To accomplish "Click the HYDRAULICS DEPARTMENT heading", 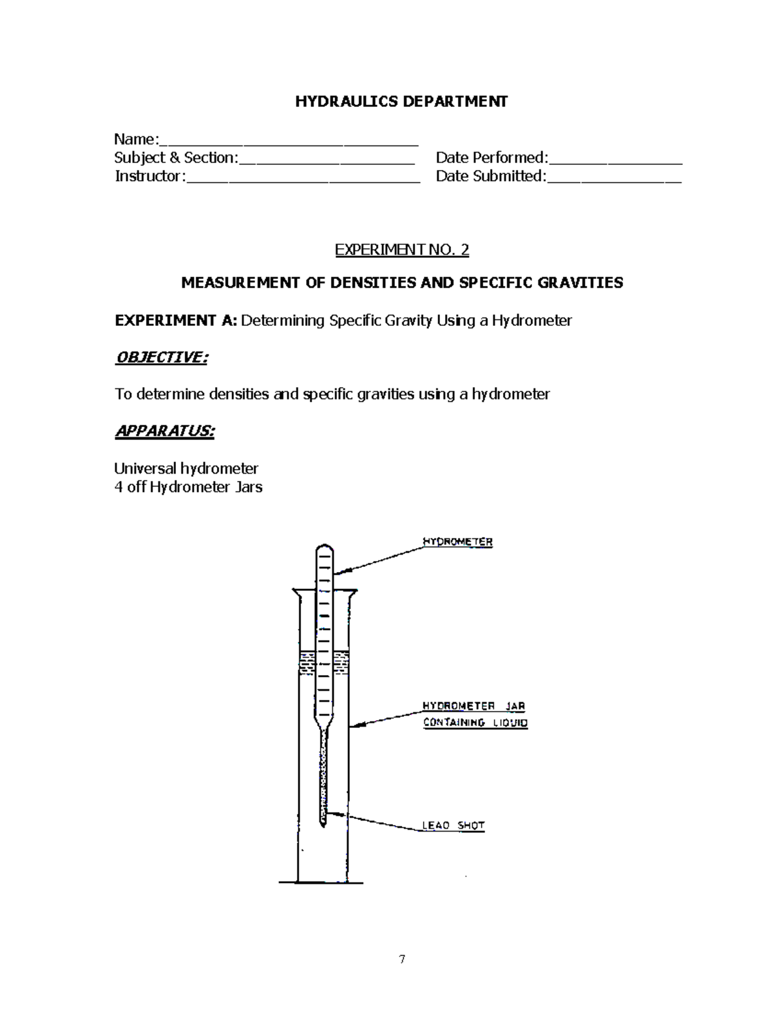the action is (x=401, y=102).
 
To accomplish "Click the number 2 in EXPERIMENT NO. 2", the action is (x=465, y=250).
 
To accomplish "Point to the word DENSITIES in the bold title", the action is (x=373, y=283).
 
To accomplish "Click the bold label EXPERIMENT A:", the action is (x=176, y=321).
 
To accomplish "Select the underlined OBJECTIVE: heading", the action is (x=161, y=357).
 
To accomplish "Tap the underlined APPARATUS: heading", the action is (x=164, y=431).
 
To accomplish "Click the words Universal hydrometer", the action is (x=186, y=469).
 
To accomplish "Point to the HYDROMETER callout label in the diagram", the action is (x=457, y=542).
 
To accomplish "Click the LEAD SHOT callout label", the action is (x=453, y=826).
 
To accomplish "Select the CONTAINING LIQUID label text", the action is (x=475, y=723).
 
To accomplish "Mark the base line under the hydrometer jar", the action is (x=321, y=882).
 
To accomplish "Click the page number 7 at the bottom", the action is (x=402, y=959).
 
